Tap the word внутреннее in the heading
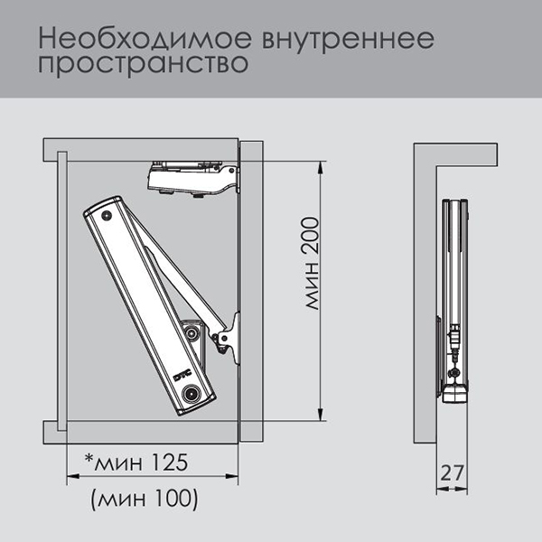click(348, 39)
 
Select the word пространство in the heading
click(143, 63)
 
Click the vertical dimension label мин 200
click(312, 263)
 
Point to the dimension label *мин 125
click(136, 462)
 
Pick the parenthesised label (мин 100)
click(145, 499)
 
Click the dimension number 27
click(452, 472)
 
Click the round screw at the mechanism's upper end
click(107, 216)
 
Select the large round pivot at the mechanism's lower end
click(191, 394)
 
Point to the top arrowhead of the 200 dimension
click(321, 168)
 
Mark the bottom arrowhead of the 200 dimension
click(321, 414)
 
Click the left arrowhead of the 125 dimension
click(73, 476)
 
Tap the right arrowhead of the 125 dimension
click(232, 476)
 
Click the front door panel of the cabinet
click(252, 291)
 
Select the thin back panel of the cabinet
click(62, 291)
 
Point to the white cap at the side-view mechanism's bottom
click(455, 394)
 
